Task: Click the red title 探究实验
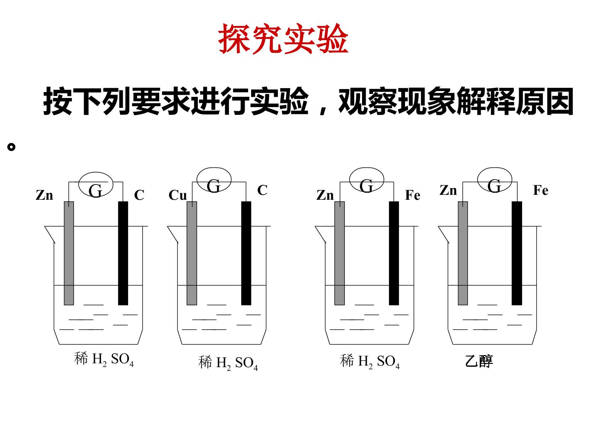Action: click(283, 39)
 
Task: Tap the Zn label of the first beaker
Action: click(44, 195)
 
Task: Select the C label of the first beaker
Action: click(139, 195)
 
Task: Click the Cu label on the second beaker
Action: click(177, 195)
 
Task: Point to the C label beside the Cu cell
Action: click(262, 190)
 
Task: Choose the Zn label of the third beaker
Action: click(325, 195)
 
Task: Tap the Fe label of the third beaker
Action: click(412, 195)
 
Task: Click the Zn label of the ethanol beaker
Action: click(448, 190)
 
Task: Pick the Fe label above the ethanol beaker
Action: click(541, 190)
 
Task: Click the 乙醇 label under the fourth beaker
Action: click(479, 361)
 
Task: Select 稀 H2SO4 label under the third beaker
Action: click(370, 361)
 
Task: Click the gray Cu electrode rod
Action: click(192, 253)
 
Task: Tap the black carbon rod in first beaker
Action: click(123, 253)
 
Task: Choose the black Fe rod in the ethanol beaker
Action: click(517, 253)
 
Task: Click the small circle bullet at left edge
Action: click(11, 147)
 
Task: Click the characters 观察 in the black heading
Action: click(368, 100)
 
